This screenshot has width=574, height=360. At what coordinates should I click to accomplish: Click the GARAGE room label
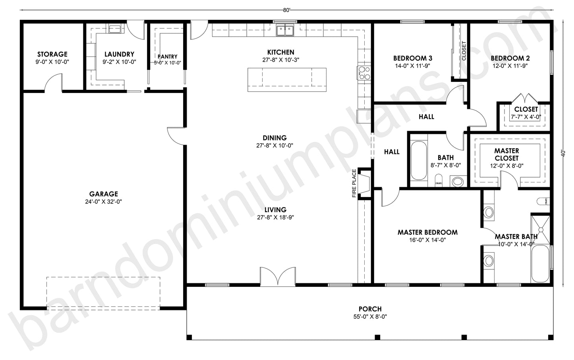pos(103,194)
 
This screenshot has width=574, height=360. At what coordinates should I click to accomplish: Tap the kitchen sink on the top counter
pos(286,30)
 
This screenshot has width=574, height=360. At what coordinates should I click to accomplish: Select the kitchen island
pos(287,79)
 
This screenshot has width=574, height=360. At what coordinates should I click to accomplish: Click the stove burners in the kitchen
pos(364,73)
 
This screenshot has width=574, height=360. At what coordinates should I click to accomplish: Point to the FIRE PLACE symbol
pos(364,183)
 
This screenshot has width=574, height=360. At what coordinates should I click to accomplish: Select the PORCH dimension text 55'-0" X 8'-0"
pos(370,317)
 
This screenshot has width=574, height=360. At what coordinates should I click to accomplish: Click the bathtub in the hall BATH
pos(418,161)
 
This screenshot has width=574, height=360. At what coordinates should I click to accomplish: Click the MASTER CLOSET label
pos(506,154)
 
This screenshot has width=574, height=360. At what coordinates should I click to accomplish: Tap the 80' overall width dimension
pos(286,10)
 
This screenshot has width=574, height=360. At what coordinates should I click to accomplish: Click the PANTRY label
pos(167,57)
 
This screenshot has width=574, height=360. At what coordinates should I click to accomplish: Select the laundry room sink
pos(115,29)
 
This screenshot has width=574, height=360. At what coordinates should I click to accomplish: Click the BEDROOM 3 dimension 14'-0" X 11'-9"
pos(412,66)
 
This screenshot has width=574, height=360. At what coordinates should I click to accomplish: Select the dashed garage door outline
pos(103,292)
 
